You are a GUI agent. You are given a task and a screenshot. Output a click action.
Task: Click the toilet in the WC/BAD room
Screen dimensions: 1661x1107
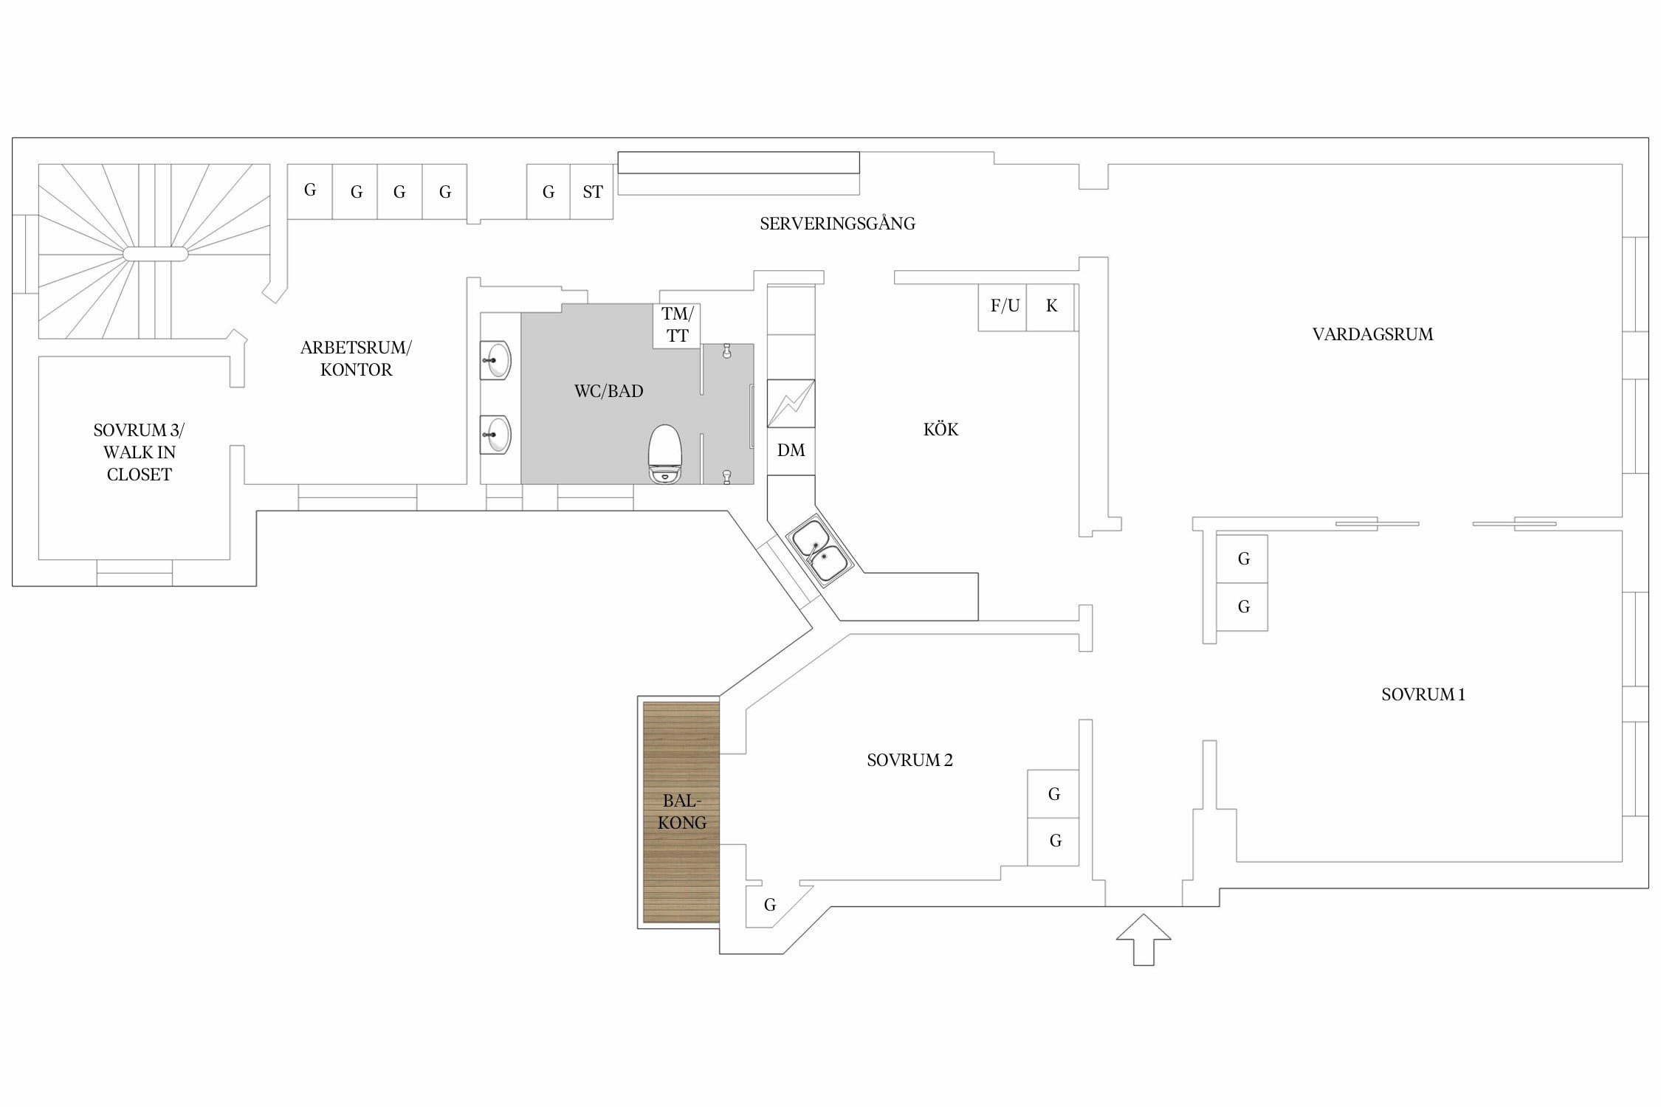[664, 454]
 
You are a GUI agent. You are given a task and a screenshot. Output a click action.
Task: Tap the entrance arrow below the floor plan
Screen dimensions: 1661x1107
[1143, 939]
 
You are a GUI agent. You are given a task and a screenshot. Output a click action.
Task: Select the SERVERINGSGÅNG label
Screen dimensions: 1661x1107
[837, 224]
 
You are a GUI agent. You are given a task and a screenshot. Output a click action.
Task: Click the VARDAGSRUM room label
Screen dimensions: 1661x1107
[1372, 334]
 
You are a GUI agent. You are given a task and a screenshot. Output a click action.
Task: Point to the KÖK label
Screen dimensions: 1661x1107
[940, 429]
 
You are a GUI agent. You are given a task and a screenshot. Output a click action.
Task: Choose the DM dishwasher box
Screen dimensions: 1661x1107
[791, 451]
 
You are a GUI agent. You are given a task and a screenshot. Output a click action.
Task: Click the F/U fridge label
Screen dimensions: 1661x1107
[1005, 306]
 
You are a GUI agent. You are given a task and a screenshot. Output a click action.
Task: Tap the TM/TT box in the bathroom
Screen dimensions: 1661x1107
[677, 325]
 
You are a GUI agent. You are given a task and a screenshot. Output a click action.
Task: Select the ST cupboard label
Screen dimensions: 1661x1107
[593, 193]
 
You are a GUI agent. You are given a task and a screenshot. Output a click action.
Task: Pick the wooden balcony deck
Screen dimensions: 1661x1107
[681, 812]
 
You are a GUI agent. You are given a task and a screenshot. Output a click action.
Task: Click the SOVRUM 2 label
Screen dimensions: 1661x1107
[909, 760]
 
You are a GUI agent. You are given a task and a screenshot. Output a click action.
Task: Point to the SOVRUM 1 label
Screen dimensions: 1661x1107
[1423, 694]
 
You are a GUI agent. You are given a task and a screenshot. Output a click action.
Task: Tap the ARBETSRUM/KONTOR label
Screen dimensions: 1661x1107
[356, 359]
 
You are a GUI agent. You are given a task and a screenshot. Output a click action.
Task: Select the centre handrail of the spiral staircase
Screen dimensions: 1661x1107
[155, 254]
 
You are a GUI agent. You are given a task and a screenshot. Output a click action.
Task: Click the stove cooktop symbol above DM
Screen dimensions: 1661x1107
[791, 403]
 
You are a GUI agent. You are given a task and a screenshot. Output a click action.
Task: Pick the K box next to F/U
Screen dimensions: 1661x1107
[1051, 306]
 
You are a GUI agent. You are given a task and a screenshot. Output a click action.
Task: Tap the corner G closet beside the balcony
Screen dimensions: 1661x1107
[770, 905]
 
